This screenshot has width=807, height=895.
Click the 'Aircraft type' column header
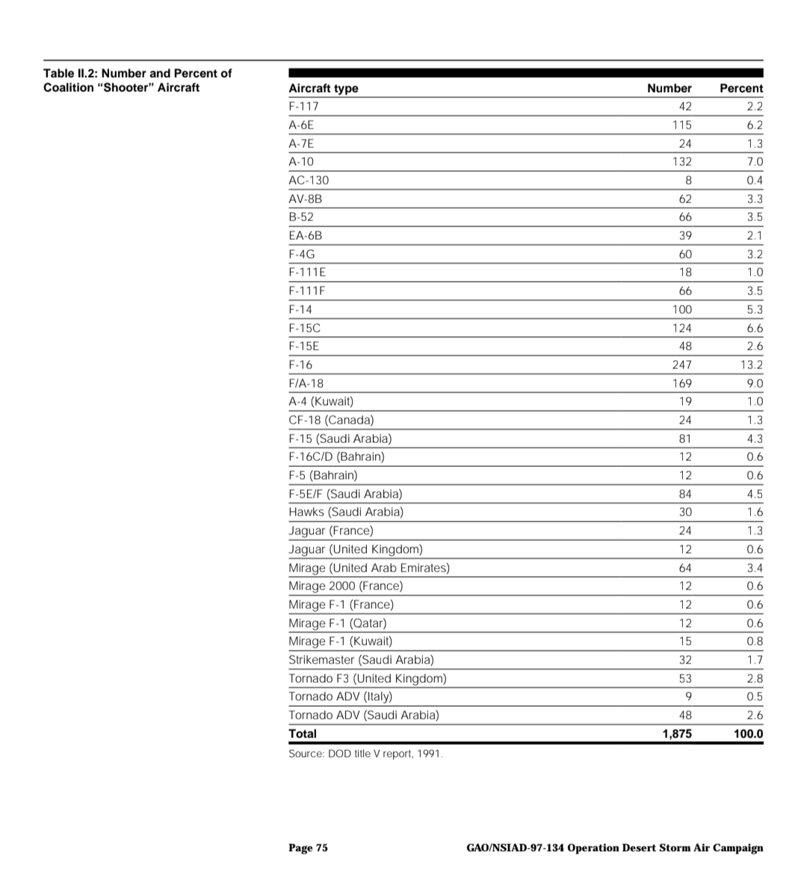323,88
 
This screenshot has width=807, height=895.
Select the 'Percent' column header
740,88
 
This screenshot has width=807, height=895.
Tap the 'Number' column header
669,88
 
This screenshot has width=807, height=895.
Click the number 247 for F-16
681,365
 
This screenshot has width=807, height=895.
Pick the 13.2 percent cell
751,365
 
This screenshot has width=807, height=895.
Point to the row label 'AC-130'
309,180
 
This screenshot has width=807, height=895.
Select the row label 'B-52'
301,217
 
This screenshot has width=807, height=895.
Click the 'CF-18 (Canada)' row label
331,420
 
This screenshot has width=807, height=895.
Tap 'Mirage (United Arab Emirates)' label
369,568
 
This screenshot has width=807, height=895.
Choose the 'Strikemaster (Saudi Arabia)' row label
361,660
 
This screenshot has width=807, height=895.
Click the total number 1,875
677,734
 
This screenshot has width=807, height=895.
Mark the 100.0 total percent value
748,734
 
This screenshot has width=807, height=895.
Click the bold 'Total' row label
303,734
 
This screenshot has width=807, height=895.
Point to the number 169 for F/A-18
681,383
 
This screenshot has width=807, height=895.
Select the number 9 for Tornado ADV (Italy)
688,696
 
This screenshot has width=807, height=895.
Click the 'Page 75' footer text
308,847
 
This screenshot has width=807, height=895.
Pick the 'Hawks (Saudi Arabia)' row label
346,512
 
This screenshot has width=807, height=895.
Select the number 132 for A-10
681,161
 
